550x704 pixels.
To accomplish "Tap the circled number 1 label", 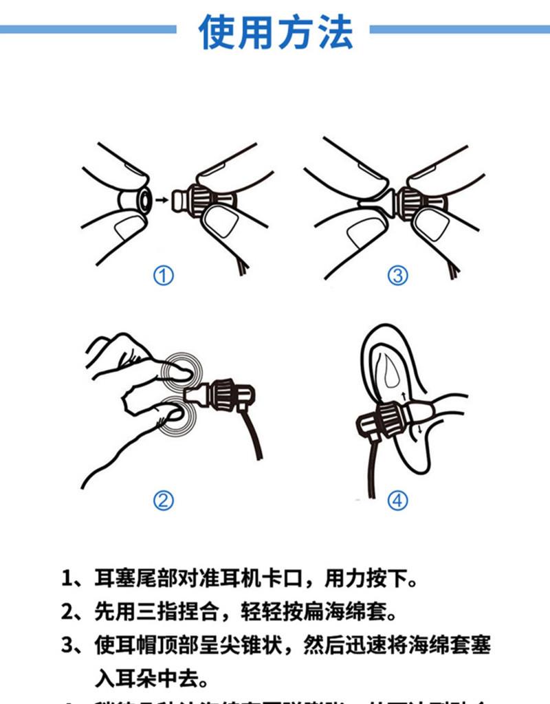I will (163, 276).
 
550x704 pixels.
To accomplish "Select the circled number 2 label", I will (163, 500).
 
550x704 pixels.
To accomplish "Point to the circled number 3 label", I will (397, 276).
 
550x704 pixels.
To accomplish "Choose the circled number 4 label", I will (397, 500).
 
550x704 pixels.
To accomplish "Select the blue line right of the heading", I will (459, 30).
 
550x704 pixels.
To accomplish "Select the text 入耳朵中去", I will (150, 679).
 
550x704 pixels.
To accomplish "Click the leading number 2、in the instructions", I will (74, 610).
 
